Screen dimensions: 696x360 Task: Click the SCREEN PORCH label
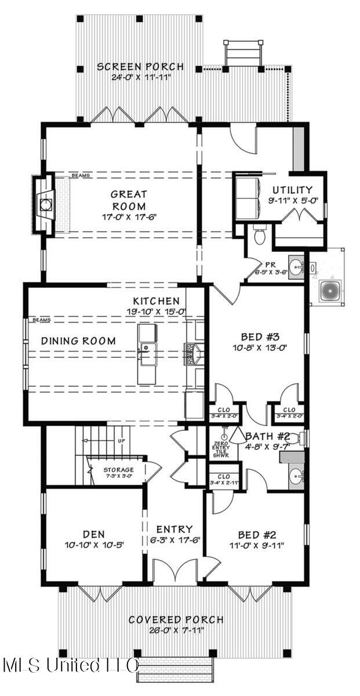(140, 67)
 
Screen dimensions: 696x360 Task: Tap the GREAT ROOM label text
(129, 200)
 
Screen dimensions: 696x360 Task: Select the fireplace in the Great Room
(46, 205)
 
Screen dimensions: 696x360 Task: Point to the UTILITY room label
(293, 190)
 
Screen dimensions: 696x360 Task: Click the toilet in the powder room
(259, 235)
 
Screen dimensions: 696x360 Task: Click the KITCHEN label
(156, 301)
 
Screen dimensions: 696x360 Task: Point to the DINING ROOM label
(78, 341)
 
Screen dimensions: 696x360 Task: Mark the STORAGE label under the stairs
(119, 469)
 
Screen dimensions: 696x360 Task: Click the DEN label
(93, 534)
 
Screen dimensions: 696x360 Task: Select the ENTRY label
(174, 529)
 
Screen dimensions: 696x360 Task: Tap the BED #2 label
(256, 534)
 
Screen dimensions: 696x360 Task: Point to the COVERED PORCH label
(176, 620)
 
